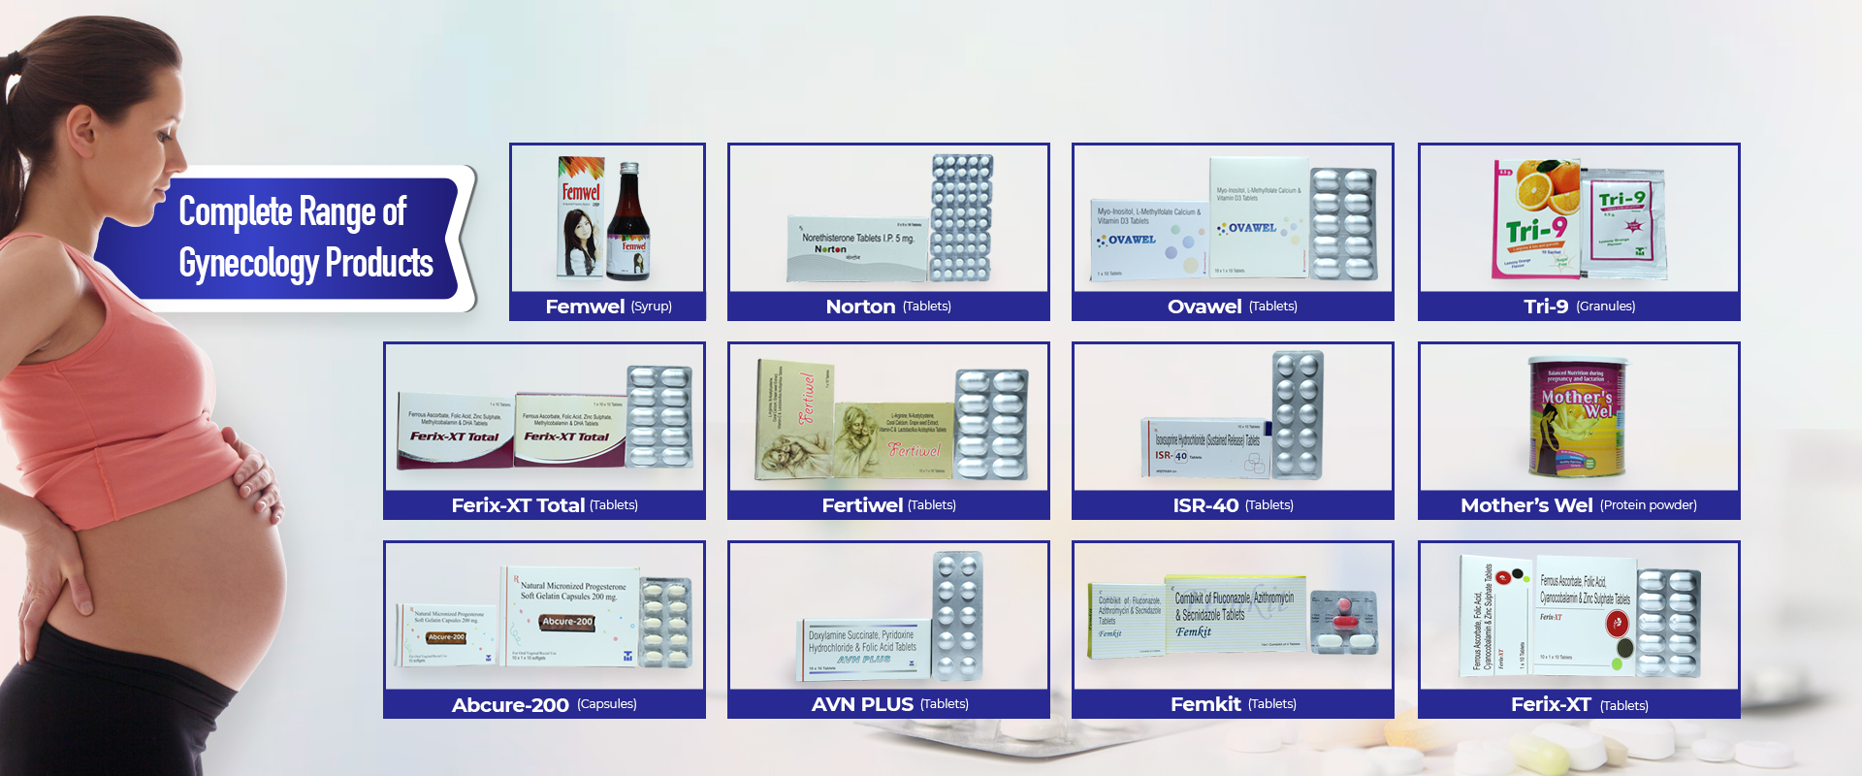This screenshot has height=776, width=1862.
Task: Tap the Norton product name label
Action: [860, 307]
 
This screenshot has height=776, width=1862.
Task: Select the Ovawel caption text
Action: [1204, 307]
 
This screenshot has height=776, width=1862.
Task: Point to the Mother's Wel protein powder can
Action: [1578, 418]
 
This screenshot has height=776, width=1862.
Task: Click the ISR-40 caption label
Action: [1205, 505]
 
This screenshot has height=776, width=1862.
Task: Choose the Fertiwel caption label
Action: [862, 505]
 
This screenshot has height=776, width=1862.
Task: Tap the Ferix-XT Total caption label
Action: [518, 505]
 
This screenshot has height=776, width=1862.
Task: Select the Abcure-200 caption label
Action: [510, 705]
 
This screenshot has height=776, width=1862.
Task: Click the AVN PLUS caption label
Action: [862, 704]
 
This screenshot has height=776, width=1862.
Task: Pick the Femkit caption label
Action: [1205, 704]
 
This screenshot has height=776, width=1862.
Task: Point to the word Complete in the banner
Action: [236, 211]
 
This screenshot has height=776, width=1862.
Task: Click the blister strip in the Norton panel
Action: [961, 218]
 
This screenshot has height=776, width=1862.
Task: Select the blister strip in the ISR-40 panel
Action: [1298, 415]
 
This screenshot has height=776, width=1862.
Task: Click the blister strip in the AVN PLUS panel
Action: [957, 616]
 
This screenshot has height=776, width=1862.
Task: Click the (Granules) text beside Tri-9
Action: [1605, 307]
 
